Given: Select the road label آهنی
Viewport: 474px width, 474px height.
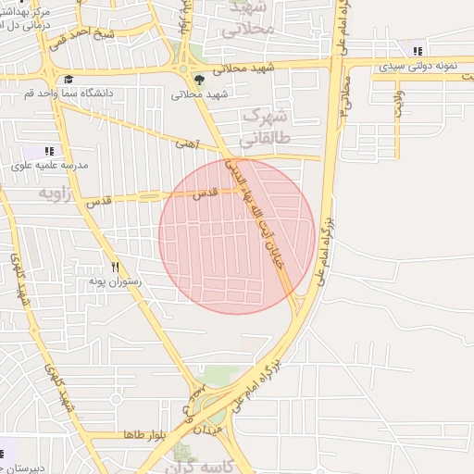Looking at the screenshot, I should [188, 144].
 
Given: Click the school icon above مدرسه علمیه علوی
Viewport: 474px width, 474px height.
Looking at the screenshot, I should [49, 150].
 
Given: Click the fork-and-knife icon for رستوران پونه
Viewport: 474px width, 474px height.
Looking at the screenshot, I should [115, 266].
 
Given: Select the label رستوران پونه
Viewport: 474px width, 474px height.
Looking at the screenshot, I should [115, 280].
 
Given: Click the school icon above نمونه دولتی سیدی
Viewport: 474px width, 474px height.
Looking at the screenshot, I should [418, 51].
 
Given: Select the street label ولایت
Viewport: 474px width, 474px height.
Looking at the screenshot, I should [399, 102].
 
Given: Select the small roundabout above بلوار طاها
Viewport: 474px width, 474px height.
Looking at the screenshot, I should [116, 399].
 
